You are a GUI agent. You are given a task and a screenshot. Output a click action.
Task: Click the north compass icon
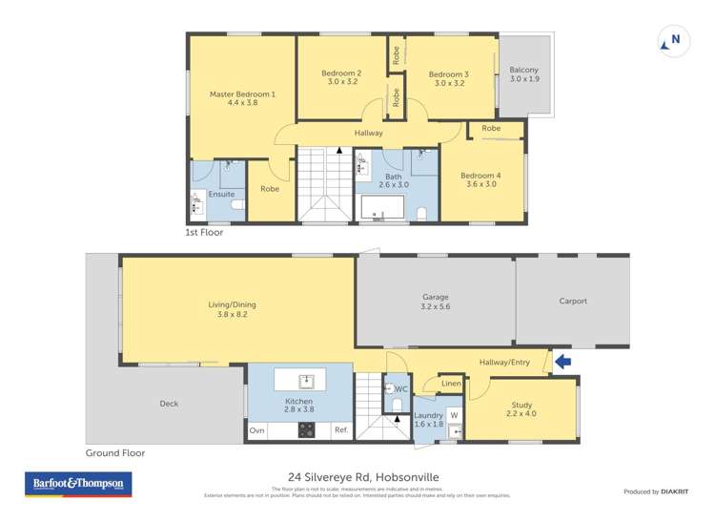672,40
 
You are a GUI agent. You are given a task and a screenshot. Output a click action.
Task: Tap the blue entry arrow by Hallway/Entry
562,362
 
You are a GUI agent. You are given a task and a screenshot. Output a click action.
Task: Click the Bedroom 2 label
340,78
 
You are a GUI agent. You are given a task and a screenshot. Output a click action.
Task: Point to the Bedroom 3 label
448,79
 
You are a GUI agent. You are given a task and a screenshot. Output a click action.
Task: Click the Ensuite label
221,195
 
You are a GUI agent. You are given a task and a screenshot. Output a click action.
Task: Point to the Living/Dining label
233,310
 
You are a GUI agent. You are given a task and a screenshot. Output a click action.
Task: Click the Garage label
434,302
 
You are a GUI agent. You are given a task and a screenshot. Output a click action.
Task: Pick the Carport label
572,302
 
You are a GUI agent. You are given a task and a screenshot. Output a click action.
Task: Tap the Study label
521,409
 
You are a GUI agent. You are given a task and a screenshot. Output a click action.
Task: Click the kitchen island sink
306,382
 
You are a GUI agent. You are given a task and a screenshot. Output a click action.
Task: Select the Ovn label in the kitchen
256,431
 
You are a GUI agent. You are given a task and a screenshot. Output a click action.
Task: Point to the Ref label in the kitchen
340,431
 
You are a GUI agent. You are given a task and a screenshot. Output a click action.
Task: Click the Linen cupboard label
451,384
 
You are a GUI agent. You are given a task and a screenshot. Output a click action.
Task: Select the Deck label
169,404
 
